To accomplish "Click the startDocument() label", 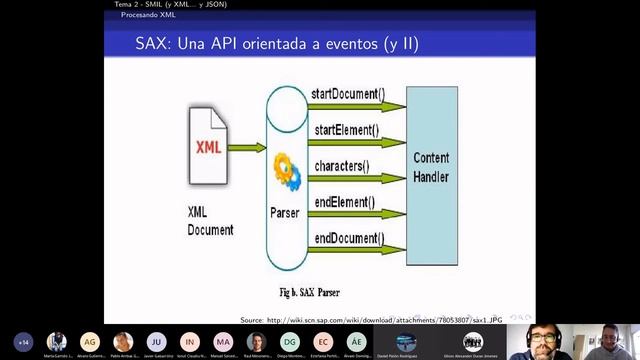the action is [x=347, y=95].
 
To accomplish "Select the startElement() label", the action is [x=346, y=130].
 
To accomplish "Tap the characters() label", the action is [x=342, y=165].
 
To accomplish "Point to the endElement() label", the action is [x=344, y=201].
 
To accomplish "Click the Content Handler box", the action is [x=431, y=168].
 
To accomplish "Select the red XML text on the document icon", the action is [x=209, y=148].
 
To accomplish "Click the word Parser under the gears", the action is [x=285, y=212].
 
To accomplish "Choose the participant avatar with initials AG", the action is [x=90, y=340].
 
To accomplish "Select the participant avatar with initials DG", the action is [x=289, y=340].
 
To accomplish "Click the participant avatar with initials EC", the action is [x=322, y=340].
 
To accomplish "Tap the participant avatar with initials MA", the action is [x=223, y=340].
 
